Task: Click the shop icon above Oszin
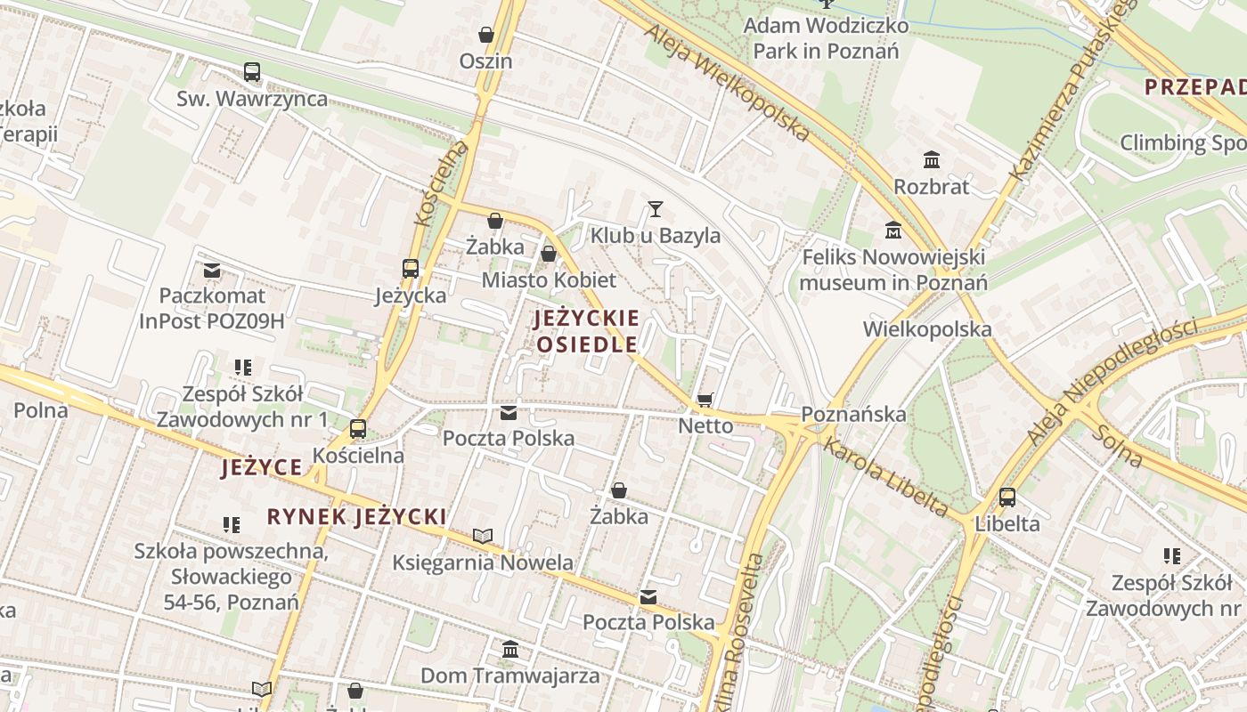point(486,35)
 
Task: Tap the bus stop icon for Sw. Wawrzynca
point(252,72)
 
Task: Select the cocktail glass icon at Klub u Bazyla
point(656,209)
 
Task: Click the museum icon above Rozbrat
point(932,160)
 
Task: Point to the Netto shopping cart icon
point(705,400)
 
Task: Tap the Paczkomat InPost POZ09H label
point(212,308)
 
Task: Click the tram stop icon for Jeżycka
point(411,268)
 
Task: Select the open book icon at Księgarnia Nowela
point(483,536)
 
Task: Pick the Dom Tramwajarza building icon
point(510,650)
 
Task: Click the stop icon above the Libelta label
point(1007,498)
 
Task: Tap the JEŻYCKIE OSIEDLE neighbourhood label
point(587,331)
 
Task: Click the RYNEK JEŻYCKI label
point(356,517)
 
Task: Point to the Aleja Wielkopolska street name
point(727,82)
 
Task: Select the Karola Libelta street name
point(885,477)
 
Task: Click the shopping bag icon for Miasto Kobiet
point(549,255)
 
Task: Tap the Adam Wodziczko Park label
point(826,38)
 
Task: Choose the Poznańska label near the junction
point(853,414)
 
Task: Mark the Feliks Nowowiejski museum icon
point(893,231)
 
